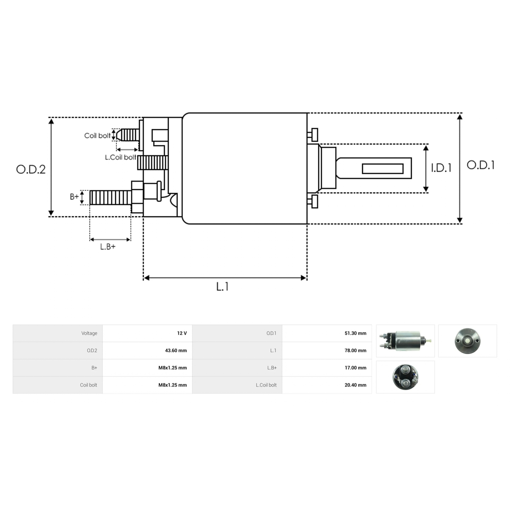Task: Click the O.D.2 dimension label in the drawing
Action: click(x=31, y=170)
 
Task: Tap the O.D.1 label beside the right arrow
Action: click(x=480, y=165)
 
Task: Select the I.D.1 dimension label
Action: click(x=441, y=168)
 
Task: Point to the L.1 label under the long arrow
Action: click(x=222, y=286)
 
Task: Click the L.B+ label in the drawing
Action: click(x=108, y=246)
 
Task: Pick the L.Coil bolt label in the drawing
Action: click(x=120, y=157)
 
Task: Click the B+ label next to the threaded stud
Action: click(x=74, y=197)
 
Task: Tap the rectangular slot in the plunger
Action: click(x=382, y=169)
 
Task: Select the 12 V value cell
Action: click(x=182, y=333)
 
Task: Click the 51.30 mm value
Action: click(x=355, y=333)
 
